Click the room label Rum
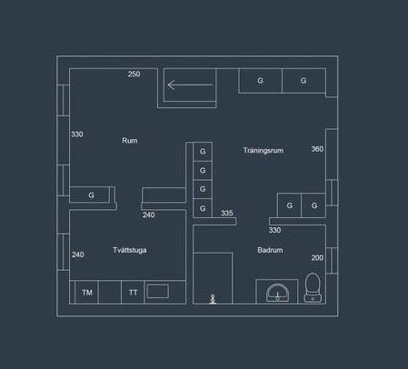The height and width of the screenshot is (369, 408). (130, 141)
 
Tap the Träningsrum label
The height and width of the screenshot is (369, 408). (264, 150)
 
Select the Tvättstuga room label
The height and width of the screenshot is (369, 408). (130, 250)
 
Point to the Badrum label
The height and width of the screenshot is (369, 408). (270, 250)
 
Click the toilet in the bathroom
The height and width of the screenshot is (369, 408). (313, 287)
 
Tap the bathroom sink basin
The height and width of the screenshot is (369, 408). (277, 293)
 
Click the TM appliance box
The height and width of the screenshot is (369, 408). (87, 293)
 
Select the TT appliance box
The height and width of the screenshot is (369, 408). (133, 293)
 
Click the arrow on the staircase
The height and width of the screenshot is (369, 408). (190, 85)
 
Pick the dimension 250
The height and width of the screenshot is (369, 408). (134, 74)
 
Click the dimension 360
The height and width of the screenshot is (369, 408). (317, 149)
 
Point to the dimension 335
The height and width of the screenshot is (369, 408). (227, 213)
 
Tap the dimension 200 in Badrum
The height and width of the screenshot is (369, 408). (317, 258)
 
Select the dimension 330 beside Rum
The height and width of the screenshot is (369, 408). (77, 135)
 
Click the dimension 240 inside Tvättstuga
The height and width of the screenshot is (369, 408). (78, 254)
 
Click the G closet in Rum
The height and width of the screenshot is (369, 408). (90, 194)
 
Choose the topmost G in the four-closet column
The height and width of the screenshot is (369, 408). (203, 151)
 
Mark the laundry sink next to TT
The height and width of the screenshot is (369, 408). (157, 292)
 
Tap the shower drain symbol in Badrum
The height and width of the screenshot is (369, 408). (213, 299)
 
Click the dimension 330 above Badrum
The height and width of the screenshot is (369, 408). (274, 230)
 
